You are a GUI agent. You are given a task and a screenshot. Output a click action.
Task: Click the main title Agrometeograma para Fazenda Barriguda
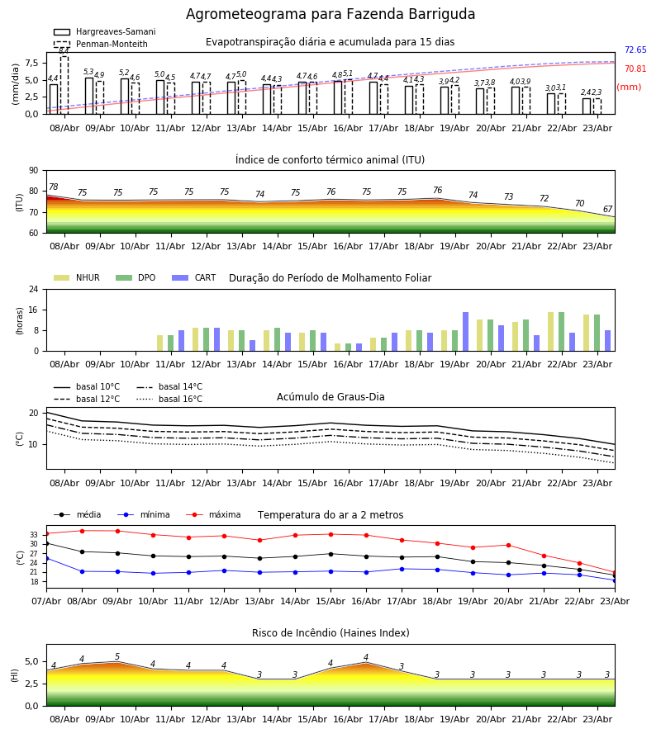click(330, 14)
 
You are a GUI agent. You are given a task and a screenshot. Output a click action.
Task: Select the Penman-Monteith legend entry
click(101, 44)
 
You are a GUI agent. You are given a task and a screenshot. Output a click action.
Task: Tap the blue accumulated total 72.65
click(635, 50)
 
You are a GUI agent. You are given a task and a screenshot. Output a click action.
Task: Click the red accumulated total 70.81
click(635, 69)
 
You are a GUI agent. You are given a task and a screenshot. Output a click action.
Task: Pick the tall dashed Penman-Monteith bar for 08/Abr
click(64, 85)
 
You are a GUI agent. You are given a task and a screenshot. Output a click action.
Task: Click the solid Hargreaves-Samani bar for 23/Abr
click(587, 106)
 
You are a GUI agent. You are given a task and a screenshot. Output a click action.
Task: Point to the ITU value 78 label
click(54, 187)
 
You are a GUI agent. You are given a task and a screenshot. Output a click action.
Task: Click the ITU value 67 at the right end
click(607, 209)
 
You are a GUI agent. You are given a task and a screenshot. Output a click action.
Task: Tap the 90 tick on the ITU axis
click(34, 171)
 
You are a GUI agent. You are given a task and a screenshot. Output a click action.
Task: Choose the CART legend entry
click(194, 277)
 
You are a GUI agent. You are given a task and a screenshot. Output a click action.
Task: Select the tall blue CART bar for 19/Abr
click(466, 332)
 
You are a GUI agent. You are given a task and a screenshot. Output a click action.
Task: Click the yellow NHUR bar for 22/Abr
click(550, 332)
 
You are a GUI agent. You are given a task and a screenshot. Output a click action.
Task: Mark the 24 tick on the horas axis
click(34, 289)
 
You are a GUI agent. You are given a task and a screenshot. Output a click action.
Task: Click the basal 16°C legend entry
click(169, 399)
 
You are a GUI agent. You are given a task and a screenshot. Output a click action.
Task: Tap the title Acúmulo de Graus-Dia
click(330, 397)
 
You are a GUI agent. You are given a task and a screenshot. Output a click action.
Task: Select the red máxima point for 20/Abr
click(508, 546)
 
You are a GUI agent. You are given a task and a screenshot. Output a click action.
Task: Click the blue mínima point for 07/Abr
click(47, 559)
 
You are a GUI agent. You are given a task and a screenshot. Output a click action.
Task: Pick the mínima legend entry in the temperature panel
click(144, 514)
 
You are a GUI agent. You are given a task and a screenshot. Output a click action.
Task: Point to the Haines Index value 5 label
click(117, 657)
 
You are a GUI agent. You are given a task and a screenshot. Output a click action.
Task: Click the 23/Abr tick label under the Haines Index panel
click(597, 719)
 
